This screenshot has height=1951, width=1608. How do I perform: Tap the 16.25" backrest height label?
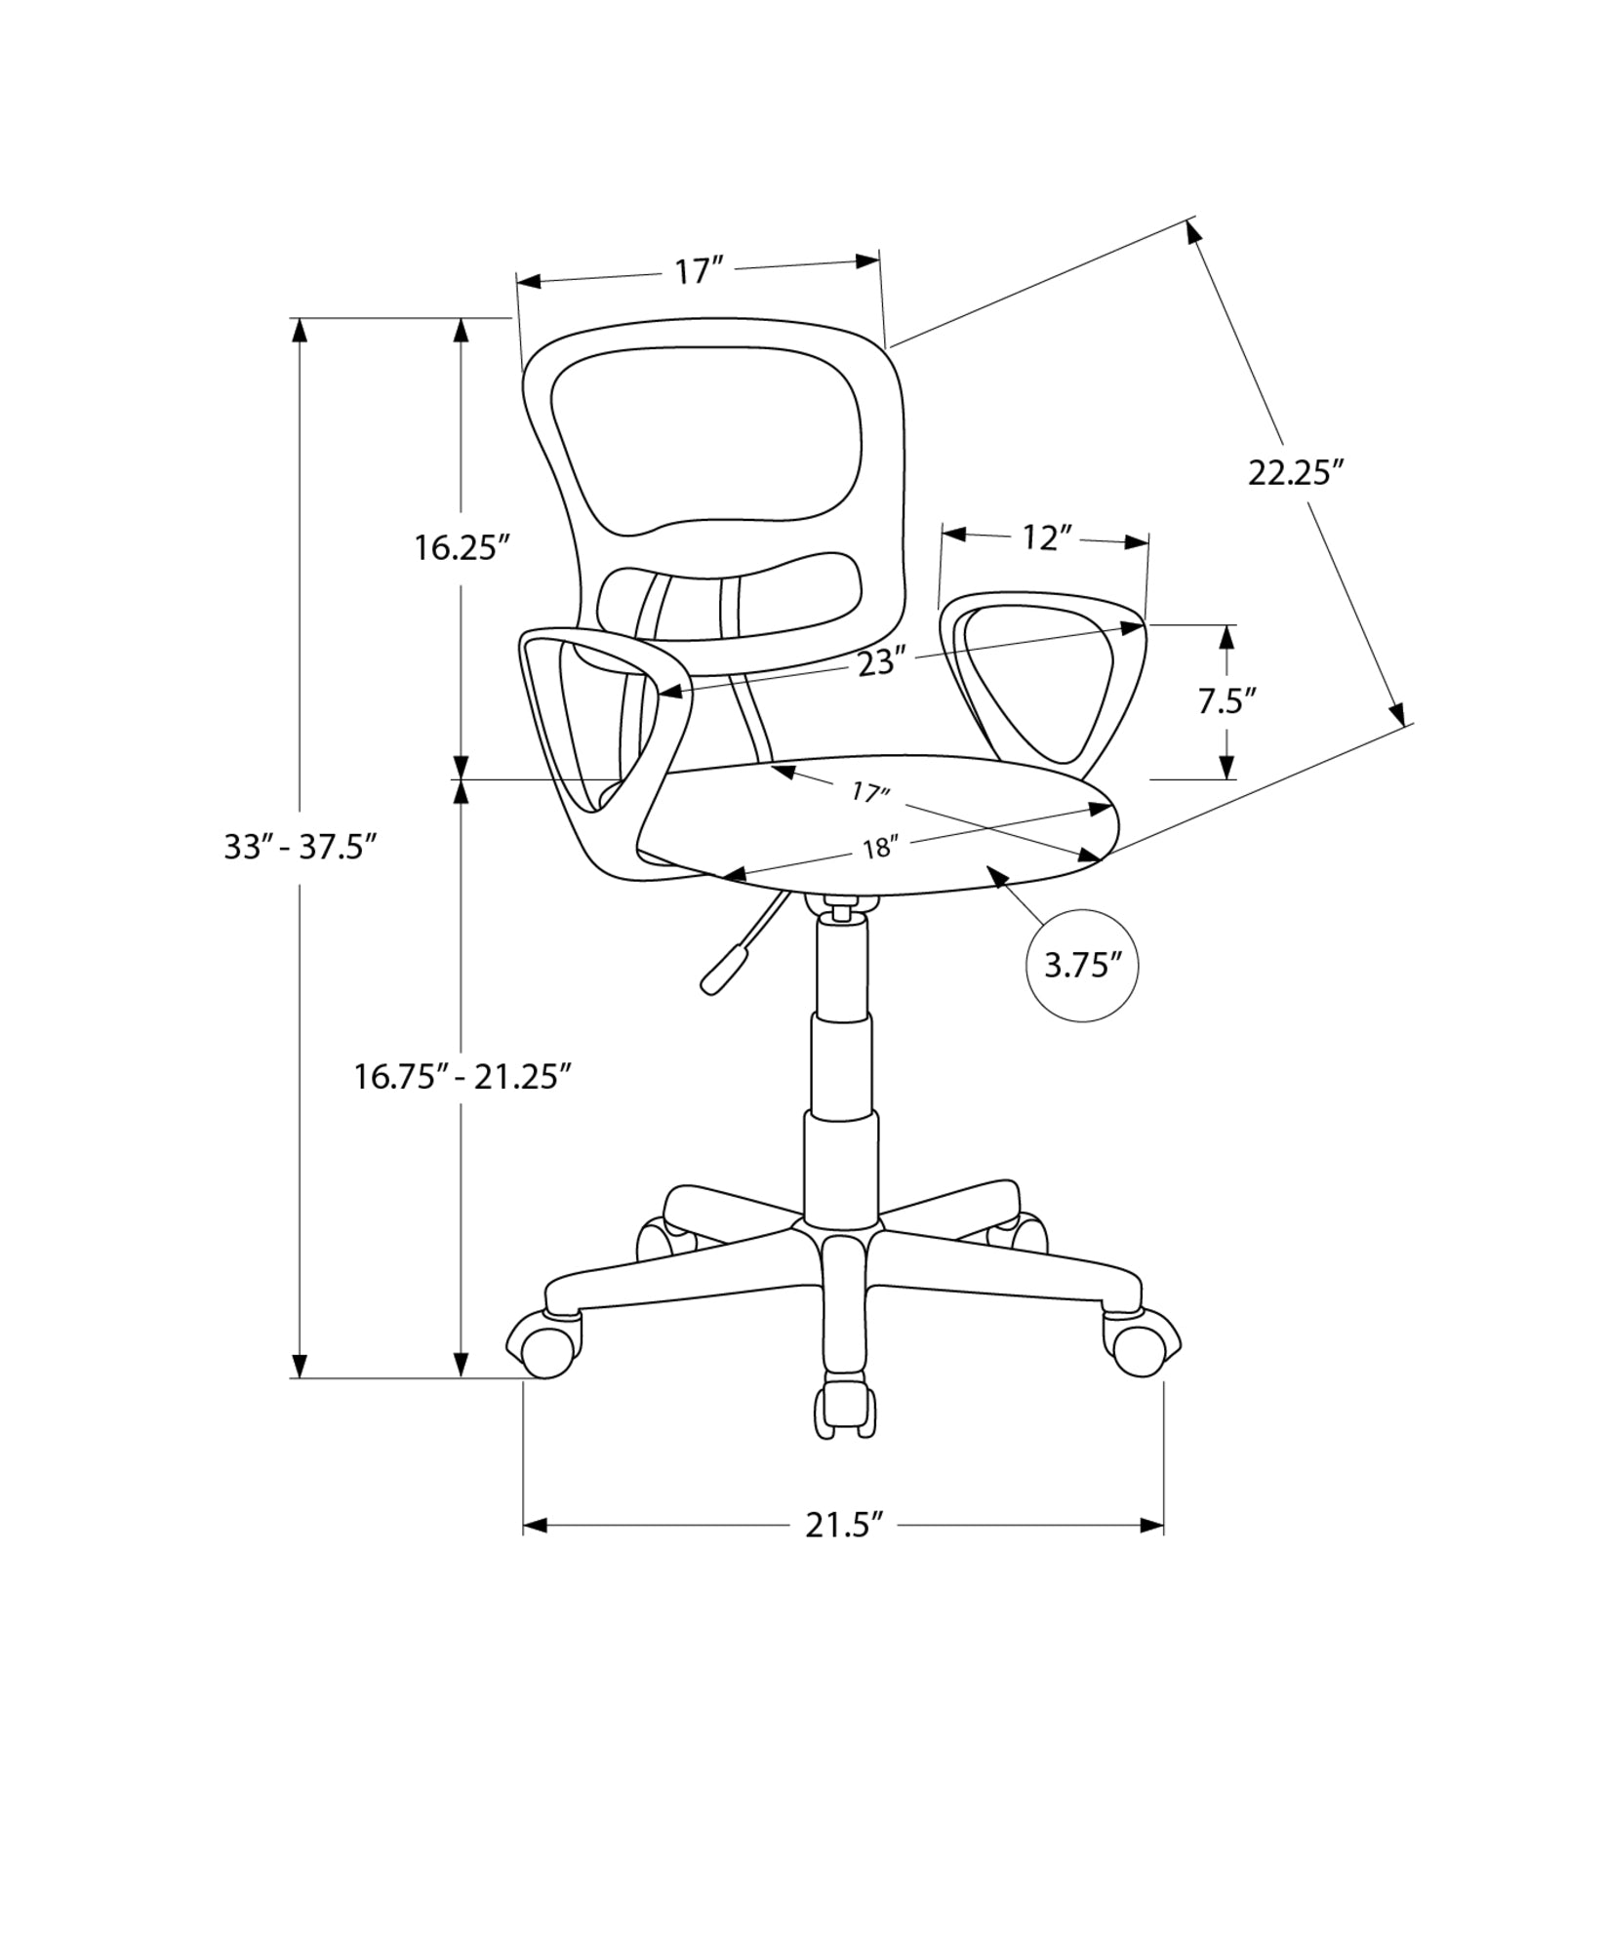462,548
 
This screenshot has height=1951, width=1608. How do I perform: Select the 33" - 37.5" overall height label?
301,847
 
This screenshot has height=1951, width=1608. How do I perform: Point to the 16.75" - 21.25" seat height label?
462,1077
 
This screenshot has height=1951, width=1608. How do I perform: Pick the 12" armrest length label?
1046,538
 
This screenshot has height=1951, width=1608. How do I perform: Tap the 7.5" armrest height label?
1226,701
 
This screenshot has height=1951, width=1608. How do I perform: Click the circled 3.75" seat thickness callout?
1083,967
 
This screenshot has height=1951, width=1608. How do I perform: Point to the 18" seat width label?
878,849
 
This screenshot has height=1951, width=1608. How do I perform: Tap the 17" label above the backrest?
699,272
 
